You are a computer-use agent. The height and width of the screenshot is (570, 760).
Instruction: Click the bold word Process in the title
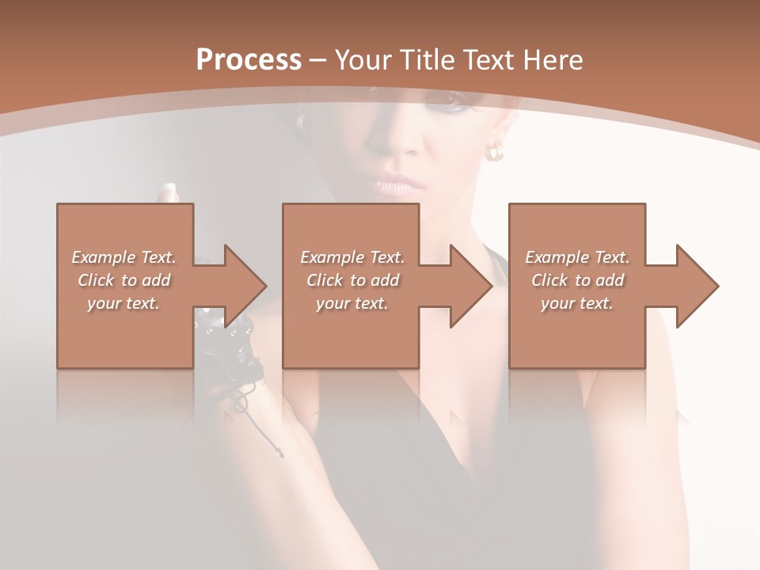tap(249, 60)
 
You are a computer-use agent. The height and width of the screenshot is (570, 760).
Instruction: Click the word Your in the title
tap(361, 60)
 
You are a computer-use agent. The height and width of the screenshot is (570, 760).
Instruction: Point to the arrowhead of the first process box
tap(246, 286)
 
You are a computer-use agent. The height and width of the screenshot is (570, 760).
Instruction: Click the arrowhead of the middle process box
tap(472, 286)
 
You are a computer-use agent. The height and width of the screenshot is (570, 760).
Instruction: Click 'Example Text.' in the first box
tap(124, 257)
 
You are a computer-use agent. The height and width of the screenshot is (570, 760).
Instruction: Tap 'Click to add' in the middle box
tap(352, 280)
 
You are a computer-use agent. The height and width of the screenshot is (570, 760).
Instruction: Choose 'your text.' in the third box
tap(577, 303)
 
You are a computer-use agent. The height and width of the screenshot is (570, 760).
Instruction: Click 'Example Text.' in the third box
tap(577, 257)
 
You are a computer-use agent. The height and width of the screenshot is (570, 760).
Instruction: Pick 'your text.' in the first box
tap(124, 303)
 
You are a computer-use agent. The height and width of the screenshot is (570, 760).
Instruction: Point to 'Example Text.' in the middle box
tap(352, 257)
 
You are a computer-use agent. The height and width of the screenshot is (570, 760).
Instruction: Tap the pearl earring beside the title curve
tap(495, 150)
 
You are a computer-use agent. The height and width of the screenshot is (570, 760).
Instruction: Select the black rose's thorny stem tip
tap(278, 454)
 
